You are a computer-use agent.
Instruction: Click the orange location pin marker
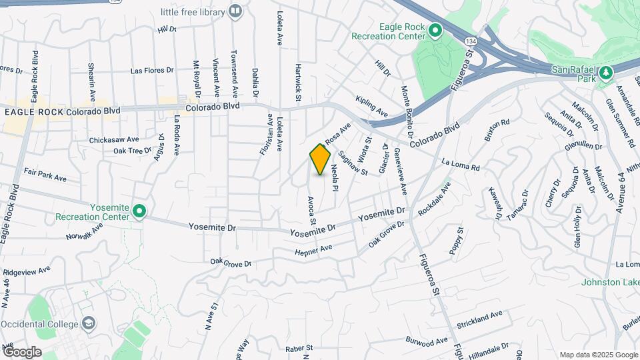(320, 159)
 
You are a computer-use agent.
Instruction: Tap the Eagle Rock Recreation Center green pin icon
(435, 30)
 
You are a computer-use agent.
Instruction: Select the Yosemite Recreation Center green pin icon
(139, 212)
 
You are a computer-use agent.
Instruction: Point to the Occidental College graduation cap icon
(88, 323)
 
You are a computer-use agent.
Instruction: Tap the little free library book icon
(235, 11)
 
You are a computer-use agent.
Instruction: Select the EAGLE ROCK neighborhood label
(34, 112)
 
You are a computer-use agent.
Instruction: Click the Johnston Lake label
(609, 282)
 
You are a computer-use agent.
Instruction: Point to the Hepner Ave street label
(313, 251)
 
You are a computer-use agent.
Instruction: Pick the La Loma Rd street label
(461, 163)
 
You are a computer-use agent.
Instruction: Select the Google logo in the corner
(22, 351)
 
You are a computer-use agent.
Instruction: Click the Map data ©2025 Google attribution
(598, 355)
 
